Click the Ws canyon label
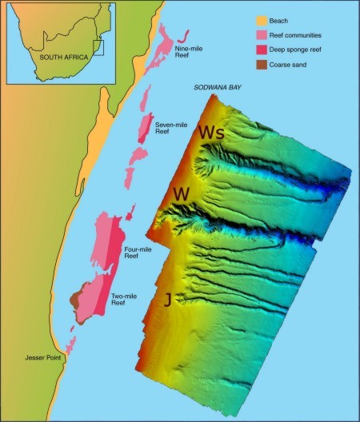click(211, 132)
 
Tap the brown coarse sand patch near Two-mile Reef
click(77, 300)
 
